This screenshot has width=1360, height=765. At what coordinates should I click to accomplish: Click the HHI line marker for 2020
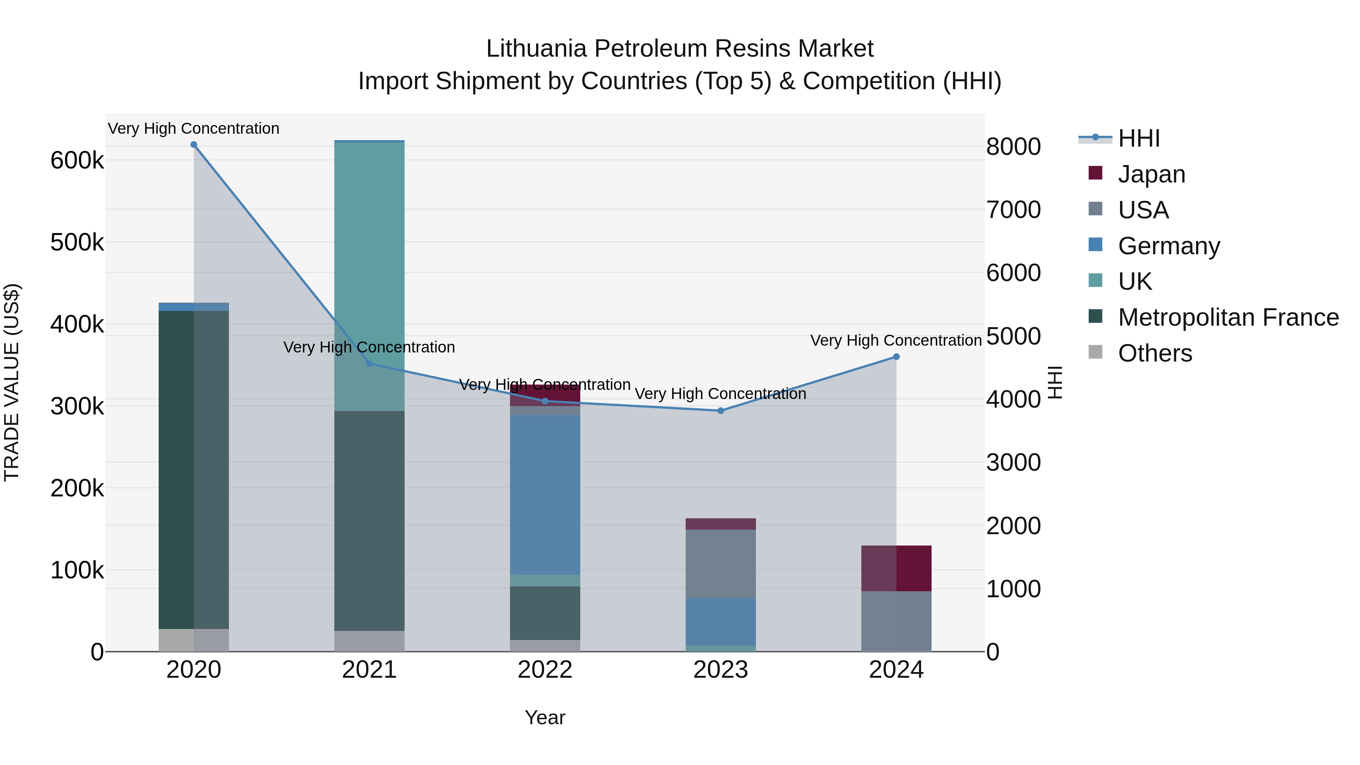click(194, 145)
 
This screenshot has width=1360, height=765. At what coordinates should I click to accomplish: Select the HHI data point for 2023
click(721, 411)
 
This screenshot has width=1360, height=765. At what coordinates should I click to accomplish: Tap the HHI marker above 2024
click(896, 357)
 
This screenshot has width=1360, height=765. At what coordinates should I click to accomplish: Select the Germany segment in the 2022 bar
click(545, 494)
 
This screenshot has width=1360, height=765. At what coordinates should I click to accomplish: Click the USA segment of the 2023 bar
click(721, 564)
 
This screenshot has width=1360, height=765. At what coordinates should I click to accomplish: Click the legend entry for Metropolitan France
click(1228, 318)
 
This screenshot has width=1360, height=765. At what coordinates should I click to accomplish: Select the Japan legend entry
click(1151, 174)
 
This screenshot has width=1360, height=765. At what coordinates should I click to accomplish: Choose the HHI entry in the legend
click(1139, 138)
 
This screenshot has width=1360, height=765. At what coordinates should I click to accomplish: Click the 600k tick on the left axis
click(77, 161)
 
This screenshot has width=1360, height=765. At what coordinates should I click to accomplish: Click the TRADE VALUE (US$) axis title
click(12, 382)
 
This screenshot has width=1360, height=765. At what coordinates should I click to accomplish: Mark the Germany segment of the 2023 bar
click(721, 622)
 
